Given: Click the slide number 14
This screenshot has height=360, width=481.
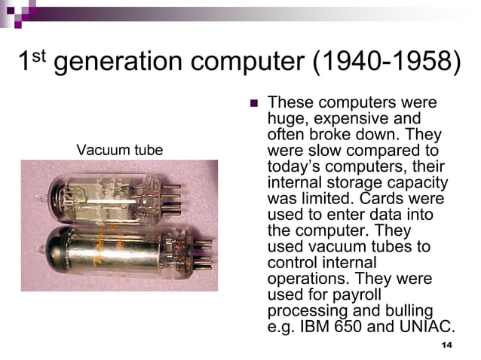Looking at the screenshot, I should [x=446, y=345].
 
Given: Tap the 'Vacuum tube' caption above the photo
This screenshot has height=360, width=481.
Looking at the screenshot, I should [x=119, y=151].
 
